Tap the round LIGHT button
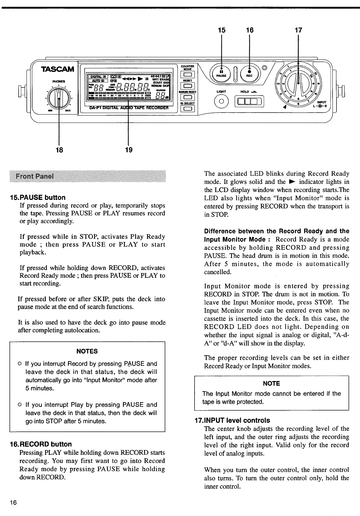[x=221, y=101]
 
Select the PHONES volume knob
[x=59, y=99]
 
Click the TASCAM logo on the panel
[x=57, y=69]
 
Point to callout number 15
[x=221, y=30]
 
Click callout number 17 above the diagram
[x=298, y=30]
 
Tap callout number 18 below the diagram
[x=59, y=150]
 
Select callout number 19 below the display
[x=129, y=150]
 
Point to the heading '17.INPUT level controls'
[x=232, y=420]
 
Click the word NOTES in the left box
[x=87, y=351]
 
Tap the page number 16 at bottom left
[x=13, y=503]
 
